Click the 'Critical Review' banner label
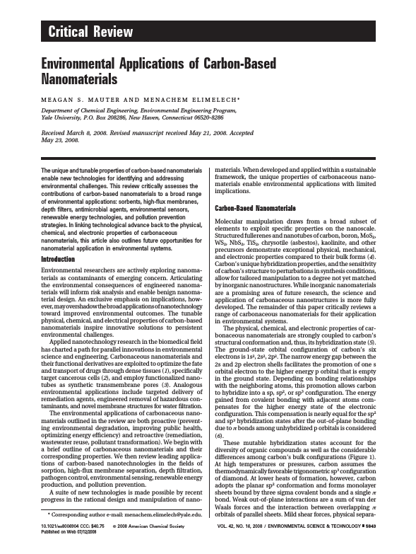point(90,30)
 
